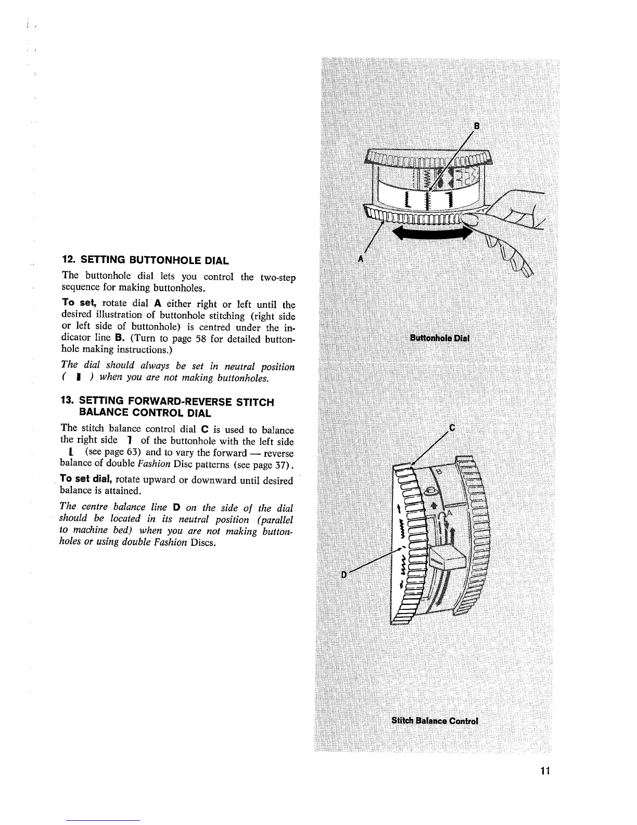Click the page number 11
pyautogui.click(x=544, y=770)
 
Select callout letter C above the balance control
pyautogui.click(x=452, y=428)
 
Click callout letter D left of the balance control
pyautogui.click(x=344, y=573)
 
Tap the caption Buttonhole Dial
pyautogui.click(x=440, y=337)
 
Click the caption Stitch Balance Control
pyautogui.click(x=434, y=721)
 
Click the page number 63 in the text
pyautogui.click(x=130, y=453)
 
